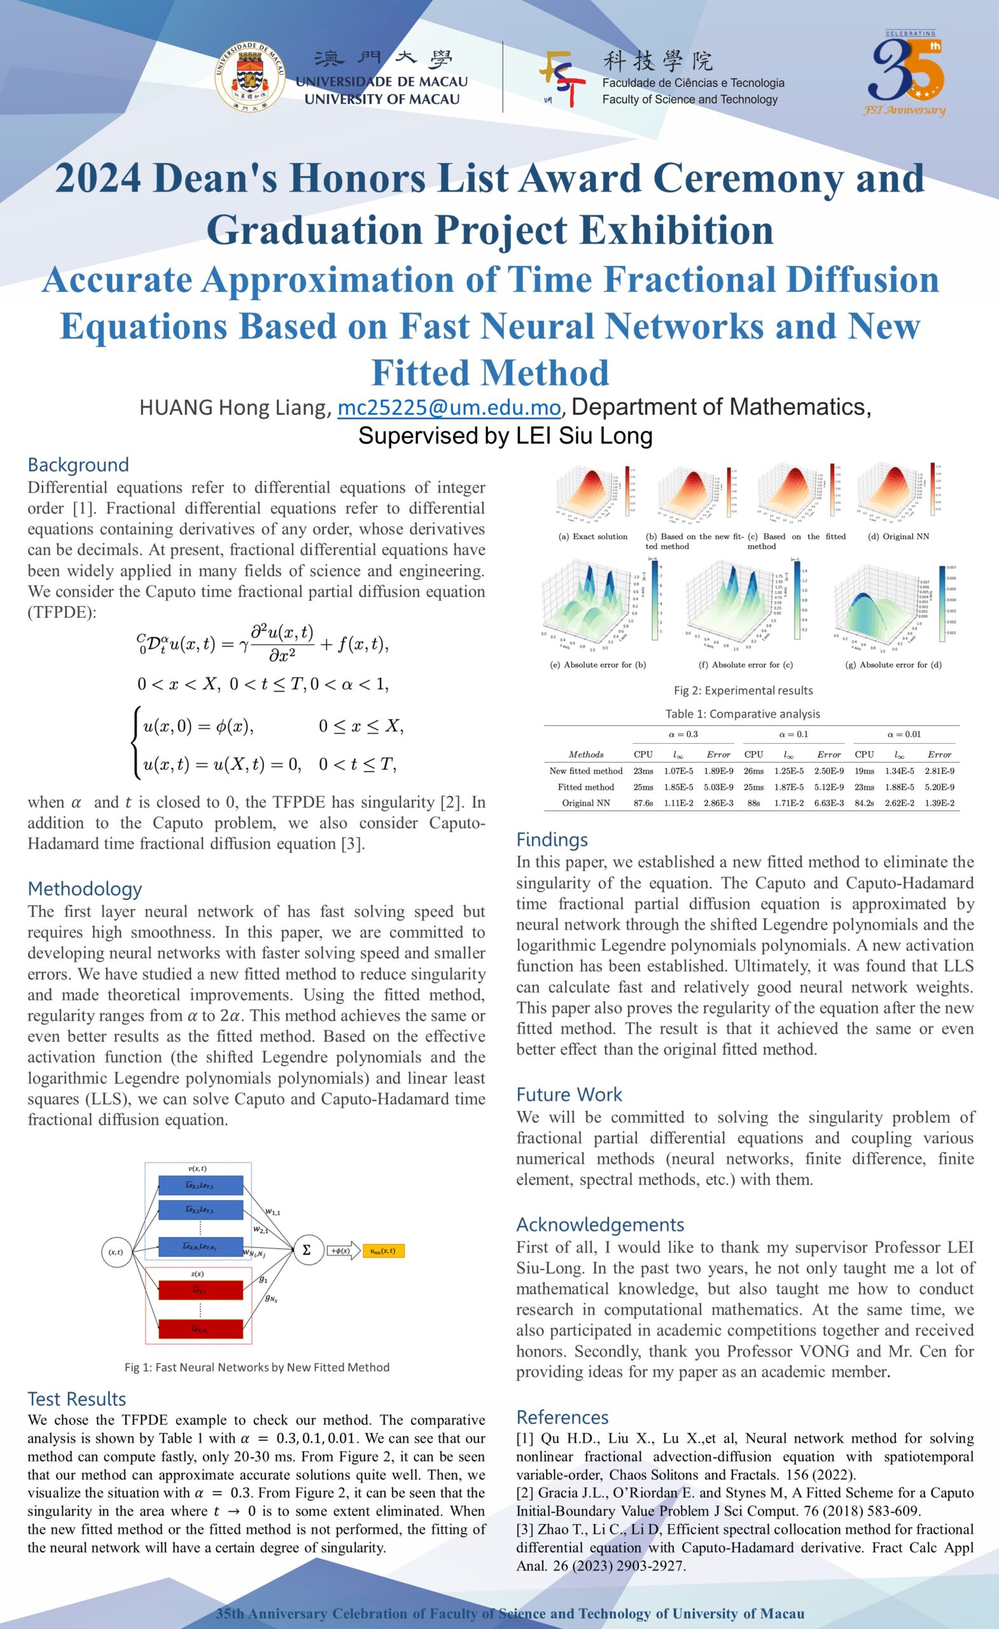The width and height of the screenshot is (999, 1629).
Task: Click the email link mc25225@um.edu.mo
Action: [449, 408]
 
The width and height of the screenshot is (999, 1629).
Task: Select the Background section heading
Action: [78, 465]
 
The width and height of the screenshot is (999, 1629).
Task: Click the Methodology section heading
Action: [85, 888]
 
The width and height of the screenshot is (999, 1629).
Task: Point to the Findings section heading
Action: [552, 839]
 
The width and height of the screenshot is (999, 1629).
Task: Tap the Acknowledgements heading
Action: [599, 1225]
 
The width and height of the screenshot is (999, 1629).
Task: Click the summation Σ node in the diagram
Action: [306, 1250]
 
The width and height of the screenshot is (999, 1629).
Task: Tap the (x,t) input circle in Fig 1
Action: [116, 1252]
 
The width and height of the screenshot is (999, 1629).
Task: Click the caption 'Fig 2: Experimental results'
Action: [743, 690]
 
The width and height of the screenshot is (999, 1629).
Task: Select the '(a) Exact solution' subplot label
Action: [593, 536]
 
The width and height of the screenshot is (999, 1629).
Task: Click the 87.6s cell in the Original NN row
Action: [643, 803]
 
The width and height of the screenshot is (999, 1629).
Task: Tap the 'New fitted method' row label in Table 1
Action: [586, 771]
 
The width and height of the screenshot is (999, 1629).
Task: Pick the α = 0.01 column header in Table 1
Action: [904, 734]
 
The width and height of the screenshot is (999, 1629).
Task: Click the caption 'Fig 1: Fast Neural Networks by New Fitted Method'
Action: [256, 1367]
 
